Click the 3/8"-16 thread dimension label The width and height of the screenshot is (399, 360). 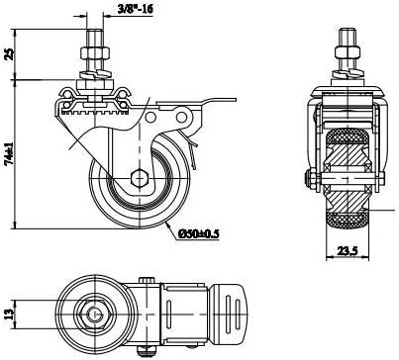136,9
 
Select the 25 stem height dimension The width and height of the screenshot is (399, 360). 10,54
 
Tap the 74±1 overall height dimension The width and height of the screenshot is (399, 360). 10,153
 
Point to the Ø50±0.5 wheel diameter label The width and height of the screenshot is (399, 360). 199,233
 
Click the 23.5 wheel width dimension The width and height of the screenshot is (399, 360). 348,251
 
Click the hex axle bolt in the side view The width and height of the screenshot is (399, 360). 140,178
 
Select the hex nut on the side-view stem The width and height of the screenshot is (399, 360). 94,52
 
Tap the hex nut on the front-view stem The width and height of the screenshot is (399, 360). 348,52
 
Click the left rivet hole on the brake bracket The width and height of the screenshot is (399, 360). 150,117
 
